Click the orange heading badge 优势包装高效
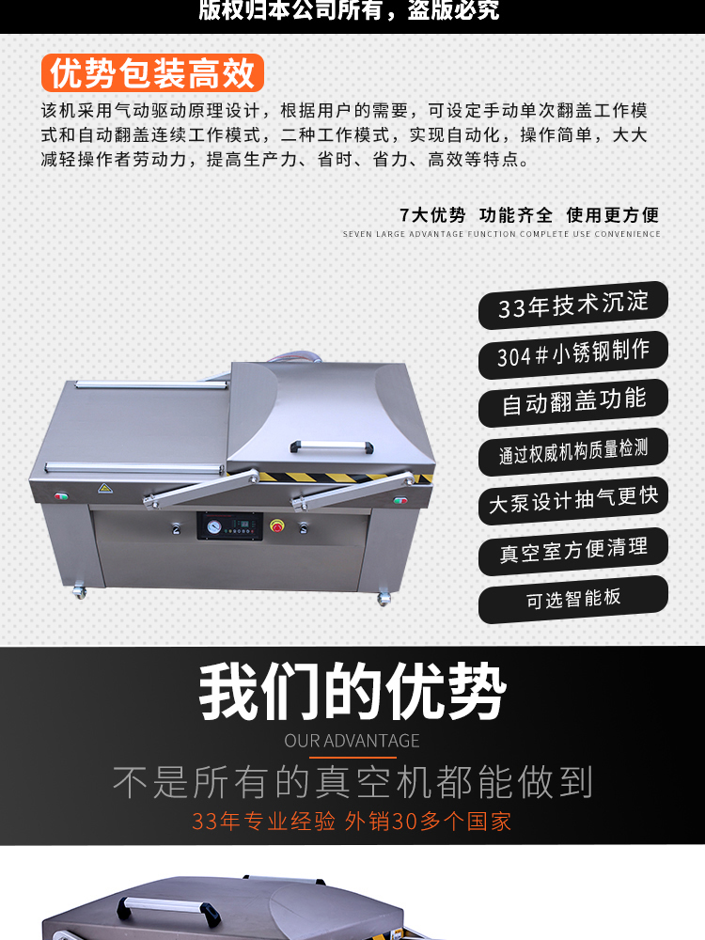pyautogui.click(x=152, y=73)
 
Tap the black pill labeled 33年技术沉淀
pyautogui.click(x=573, y=305)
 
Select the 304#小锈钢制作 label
pyautogui.click(x=573, y=354)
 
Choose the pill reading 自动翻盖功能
pyautogui.click(x=573, y=403)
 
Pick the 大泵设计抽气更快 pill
pyautogui.click(x=573, y=501)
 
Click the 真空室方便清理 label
pyautogui.click(x=573, y=550)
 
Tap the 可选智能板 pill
pyautogui.click(x=573, y=599)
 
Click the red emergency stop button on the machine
pyautogui.click(x=277, y=525)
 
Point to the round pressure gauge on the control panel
pyautogui.click(x=213, y=526)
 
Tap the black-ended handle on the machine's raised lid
pyautogui.click(x=332, y=446)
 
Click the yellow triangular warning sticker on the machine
pyautogui.click(x=105, y=488)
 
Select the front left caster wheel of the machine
pyautogui.click(x=80, y=592)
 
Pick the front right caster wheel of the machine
pyautogui.click(x=384, y=598)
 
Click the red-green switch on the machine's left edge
pyautogui.click(x=60, y=495)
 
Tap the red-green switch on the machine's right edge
pyautogui.click(x=400, y=500)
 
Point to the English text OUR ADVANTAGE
pyautogui.click(x=352, y=741)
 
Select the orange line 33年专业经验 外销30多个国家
pyautogui.click(x=352, y=822)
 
